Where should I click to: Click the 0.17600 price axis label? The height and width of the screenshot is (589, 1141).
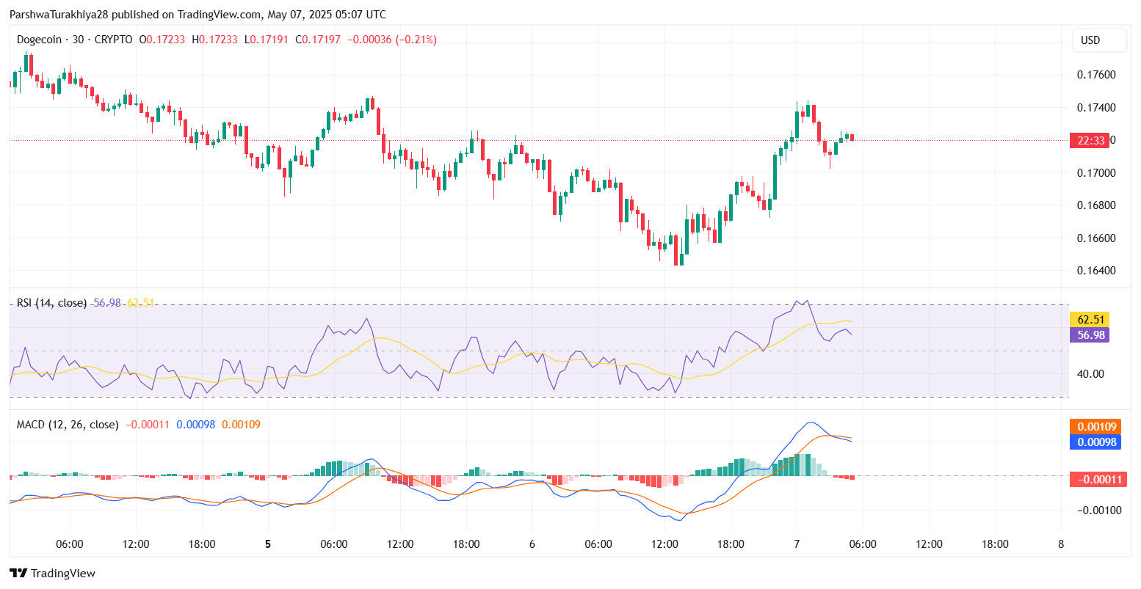(x=1096, y=75)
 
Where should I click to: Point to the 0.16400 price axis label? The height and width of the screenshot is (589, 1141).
(x=1096, y=271)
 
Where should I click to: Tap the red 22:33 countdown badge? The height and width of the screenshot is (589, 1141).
(x=1089, y=141)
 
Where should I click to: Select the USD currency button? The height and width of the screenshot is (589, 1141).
(x=1090, y=40)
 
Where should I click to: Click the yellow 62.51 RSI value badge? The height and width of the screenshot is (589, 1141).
(x=1089, y=319)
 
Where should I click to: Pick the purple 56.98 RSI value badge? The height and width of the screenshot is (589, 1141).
(x=1089, y=335)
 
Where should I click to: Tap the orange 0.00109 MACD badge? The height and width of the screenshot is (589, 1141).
(x=1098, y=427)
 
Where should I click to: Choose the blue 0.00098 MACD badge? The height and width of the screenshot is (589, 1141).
(x=1098, y=442)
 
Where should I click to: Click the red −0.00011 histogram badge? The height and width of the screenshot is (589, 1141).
(x=1098, y=480)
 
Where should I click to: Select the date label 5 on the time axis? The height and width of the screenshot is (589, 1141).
(x=268, y=544)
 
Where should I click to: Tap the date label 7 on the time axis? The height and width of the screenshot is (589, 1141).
(x=797, y=544)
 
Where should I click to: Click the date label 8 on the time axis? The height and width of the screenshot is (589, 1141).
(x=1061, y=544)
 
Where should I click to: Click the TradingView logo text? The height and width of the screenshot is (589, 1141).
(x=63, y=574)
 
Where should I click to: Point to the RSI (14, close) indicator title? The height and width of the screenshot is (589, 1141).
(x=51, y=303)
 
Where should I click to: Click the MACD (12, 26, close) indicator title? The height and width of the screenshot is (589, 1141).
(x=68, y=425)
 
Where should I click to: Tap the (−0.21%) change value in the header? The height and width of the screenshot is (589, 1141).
(x=416, y=40)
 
